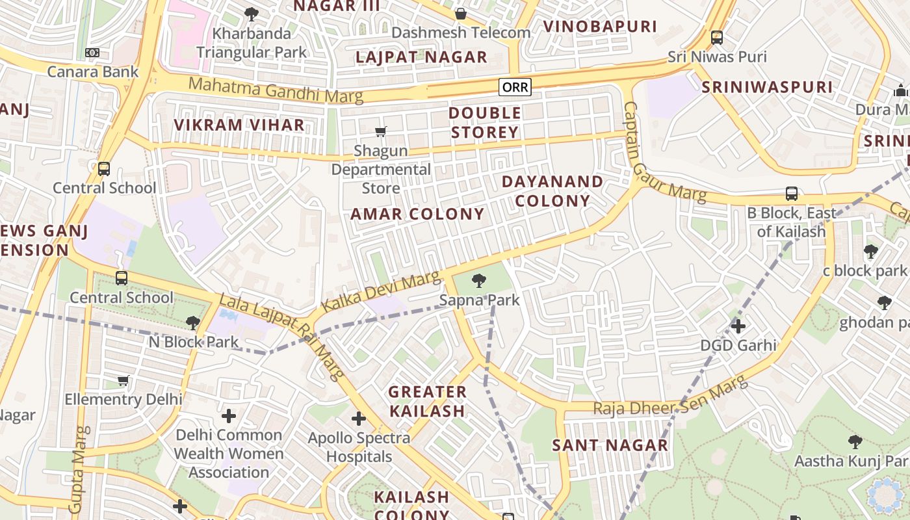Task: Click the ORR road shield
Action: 515,87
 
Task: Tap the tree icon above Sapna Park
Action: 479,281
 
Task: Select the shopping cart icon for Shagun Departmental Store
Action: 381,132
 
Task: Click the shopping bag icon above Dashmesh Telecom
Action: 461,14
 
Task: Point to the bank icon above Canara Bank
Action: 92,53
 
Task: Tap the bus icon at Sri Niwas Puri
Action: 717,38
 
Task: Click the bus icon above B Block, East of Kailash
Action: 791,194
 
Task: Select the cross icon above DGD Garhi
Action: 738,326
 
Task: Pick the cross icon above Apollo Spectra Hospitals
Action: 358,419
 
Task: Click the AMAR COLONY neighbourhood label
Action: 417,214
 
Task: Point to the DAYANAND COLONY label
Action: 552,191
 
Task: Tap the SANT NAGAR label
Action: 610,445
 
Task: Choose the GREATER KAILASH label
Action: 427,401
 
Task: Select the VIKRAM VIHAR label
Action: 239,125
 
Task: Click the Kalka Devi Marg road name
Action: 380,293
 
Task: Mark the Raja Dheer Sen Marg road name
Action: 669,398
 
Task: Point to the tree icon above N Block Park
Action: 192,322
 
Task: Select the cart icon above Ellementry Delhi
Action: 123,380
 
